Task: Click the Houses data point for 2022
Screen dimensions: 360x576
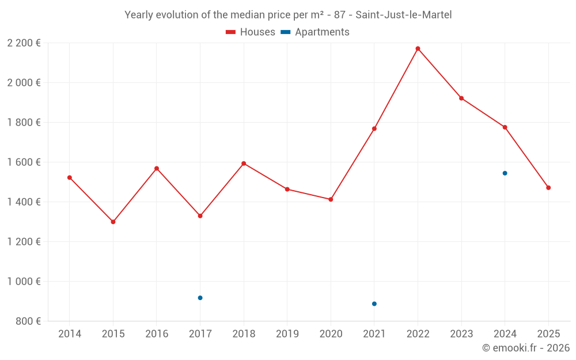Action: tap(418, 48)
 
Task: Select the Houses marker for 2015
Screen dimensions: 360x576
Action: tap(113, 222)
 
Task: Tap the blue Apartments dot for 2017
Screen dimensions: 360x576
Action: tap(200, 298)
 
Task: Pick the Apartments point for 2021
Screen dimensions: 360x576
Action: tap(374, 304)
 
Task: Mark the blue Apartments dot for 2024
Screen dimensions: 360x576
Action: tap(505, 173)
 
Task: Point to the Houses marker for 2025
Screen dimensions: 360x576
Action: tap(548, 188)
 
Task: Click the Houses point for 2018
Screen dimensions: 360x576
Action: tap(244, 164)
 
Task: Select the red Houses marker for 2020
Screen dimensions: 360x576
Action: tap(331, 199)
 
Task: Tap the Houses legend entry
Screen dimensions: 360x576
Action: tap(250, 32)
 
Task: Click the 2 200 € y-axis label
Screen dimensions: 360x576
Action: tap(24, 43)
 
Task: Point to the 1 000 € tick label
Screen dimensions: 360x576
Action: tap(24, 282)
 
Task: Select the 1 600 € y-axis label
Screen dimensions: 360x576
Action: tap(24, 162)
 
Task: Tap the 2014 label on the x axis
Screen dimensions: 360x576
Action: tap(70, 334)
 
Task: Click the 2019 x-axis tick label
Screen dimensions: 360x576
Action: tap(287, 334)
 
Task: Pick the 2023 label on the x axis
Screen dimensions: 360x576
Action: tap(461, 334)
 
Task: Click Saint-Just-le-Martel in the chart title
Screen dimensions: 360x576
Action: tap(403, 15)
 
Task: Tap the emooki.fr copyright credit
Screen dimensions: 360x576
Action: tap(526, 348)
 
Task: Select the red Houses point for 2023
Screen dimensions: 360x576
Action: tap(461, 98)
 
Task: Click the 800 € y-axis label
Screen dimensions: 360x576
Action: tap(27, 321)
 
